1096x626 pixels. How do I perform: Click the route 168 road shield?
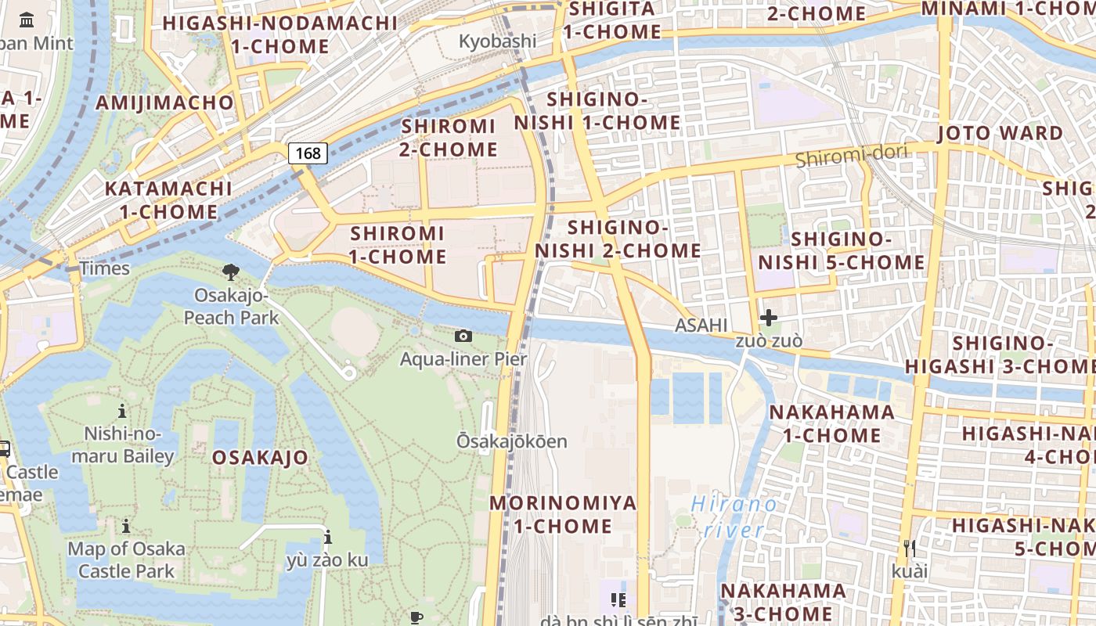(308, 153)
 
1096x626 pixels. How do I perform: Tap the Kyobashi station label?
(497, 41)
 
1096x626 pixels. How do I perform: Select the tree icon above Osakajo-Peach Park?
(231, 272)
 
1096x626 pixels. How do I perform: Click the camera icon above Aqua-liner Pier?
(463, 336)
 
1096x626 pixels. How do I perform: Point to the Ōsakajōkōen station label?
(512, 441)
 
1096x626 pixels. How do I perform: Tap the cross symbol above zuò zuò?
(769, 317)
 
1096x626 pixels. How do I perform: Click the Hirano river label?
(734, 516)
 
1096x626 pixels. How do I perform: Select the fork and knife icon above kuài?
(909, 548)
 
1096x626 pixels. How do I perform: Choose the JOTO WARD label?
(1000, 133)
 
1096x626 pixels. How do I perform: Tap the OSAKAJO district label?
(260, 458)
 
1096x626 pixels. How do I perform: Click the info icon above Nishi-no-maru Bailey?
(122, 411)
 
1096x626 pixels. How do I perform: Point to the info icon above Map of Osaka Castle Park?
(126, 526)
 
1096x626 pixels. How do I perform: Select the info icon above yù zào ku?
(327, 537)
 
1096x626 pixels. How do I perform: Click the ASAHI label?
(701, 325)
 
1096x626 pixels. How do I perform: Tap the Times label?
(104, 268)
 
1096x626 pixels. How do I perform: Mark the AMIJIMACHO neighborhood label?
(164, 103)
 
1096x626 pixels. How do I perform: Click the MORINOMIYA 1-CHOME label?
(563, 514)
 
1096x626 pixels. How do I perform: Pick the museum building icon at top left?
(27, 20)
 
